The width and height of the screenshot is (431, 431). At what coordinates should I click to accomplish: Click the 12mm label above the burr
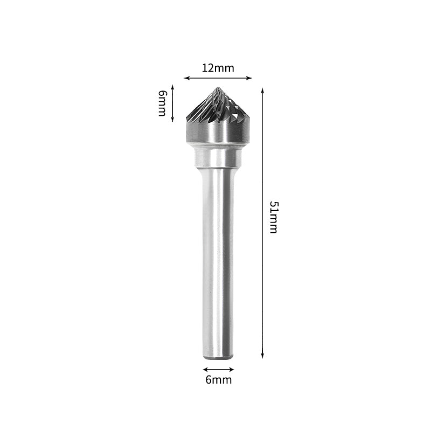tap(218, 68)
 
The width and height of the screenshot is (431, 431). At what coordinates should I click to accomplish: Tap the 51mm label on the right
tap(273, 217)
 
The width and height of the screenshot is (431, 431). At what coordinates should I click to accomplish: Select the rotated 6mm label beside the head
tap(162, 103)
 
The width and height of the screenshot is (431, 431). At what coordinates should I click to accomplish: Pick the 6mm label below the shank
tap(218, 380)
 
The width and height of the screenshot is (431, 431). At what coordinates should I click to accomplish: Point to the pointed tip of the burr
tap(218, 88)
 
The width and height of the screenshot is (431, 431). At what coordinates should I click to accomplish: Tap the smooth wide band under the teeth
tap(218, 132)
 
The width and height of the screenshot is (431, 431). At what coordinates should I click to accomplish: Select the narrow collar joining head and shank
tap(218, 157)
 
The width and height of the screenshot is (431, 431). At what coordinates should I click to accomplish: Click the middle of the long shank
tap(218, 259)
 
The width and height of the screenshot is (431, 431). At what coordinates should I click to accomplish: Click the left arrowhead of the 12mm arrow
tap(186, 78)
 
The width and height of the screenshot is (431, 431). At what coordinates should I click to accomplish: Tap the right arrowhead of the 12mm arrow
tap(250, 78)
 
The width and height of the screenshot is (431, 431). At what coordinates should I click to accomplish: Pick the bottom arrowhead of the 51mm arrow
tap(262, 356)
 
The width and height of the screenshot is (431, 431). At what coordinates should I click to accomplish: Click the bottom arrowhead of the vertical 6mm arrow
tap(172, 120)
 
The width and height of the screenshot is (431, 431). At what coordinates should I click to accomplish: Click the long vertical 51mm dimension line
tap(262, 269)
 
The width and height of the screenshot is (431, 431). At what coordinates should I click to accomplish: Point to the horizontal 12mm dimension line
tap(218, 78)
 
